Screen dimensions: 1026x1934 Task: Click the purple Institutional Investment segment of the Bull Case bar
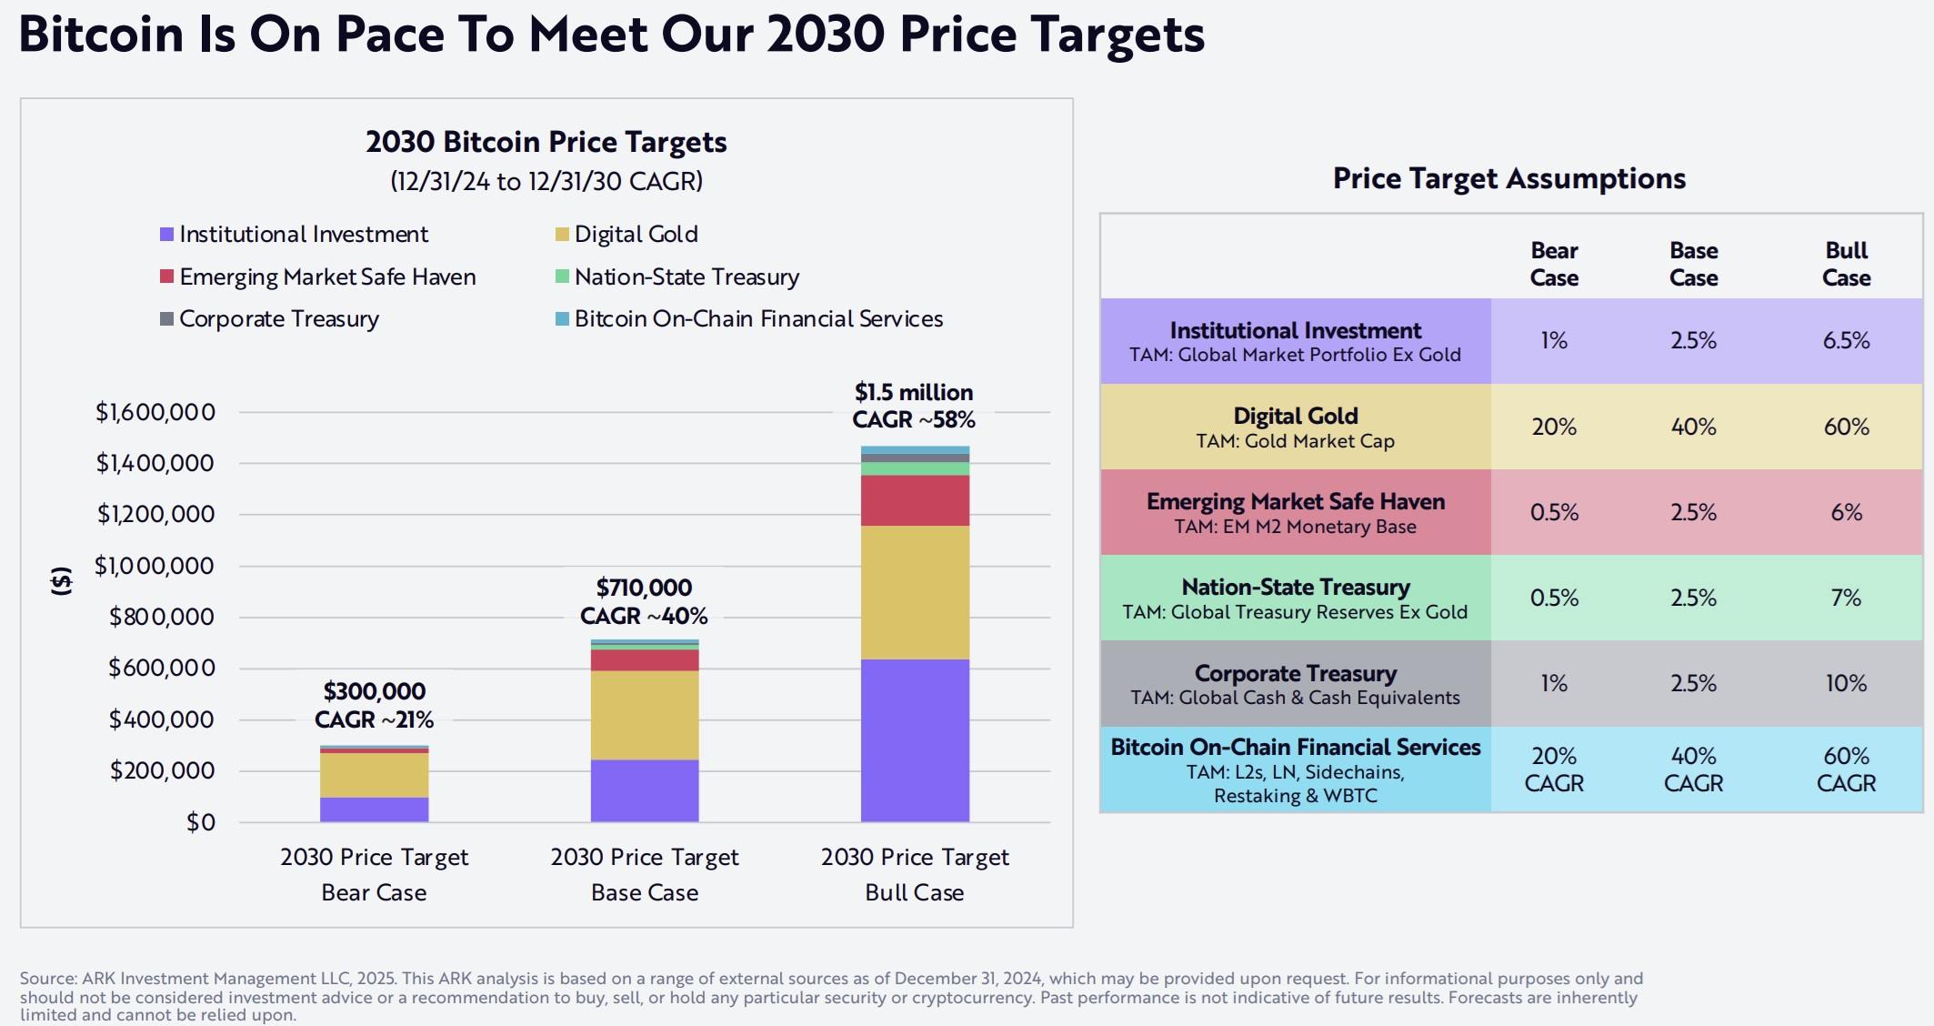point(915,740)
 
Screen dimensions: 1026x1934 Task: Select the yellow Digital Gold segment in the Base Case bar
point(645,715)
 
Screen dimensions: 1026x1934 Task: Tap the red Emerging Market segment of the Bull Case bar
point(915,500)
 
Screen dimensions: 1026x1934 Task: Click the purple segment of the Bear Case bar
point(374,810)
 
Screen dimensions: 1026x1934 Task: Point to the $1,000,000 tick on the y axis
point(155,566)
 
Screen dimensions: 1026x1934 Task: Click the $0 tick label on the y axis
point(200,822)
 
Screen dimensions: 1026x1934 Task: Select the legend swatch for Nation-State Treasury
point(562,276)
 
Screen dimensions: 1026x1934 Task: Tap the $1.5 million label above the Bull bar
point(914,392)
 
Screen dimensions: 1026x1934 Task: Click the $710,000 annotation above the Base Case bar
point(644,588)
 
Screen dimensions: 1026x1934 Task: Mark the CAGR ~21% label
point(374,719)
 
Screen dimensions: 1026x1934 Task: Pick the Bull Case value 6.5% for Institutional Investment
point(1846,341)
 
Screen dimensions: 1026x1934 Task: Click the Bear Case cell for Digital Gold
point(1554,427)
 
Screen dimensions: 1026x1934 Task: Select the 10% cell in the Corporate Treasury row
point(1846,683)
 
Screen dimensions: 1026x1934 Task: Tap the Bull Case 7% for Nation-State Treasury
point(1846,598)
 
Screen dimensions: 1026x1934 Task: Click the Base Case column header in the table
point(1693,264)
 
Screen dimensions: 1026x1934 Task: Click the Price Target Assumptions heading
point(1508,178)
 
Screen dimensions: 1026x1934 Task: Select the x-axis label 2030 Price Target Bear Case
point(374,874)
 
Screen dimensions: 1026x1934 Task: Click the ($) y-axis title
point(61,580)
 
